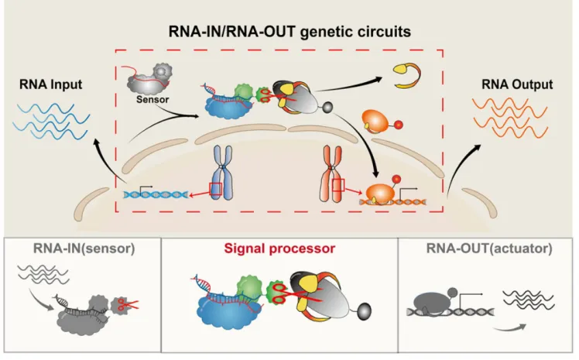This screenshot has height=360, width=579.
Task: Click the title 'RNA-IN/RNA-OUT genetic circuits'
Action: tap(289, 32)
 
